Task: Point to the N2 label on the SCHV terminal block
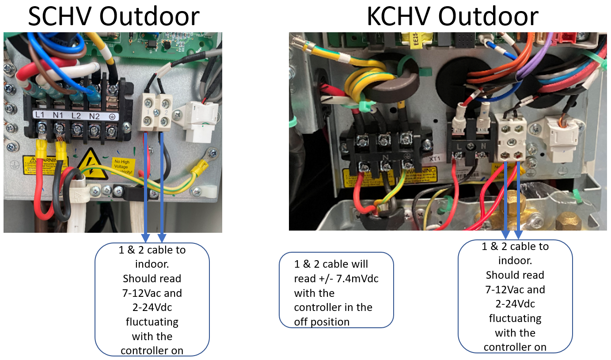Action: coord(94,115)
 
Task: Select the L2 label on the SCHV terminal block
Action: coord(76,115)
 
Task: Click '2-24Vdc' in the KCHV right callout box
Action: coord(515,304)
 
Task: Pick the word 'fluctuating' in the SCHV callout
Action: coord(152,322)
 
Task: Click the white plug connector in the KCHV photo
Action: coord(560,137)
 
